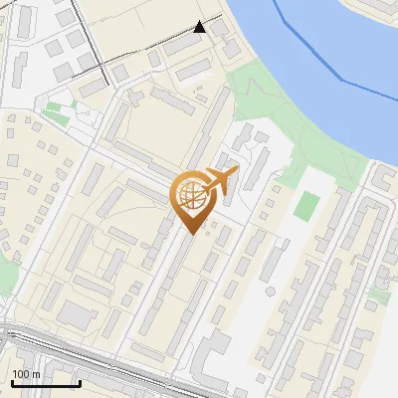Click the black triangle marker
(x=199, y=27)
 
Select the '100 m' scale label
(x=27, y=374)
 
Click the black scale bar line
(x=46, y=383)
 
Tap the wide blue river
(x=328, y=60)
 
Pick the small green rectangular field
(x=308, y=206)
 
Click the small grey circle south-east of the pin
(x=270, y=292)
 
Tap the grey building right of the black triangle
(x=232, y=47)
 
